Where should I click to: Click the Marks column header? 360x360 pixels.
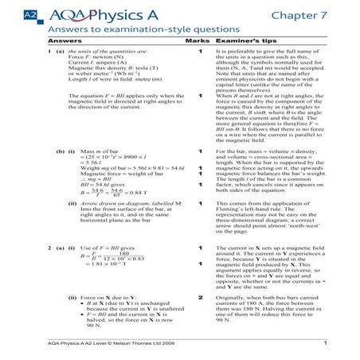pyautogui.click(x=196, y=38)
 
